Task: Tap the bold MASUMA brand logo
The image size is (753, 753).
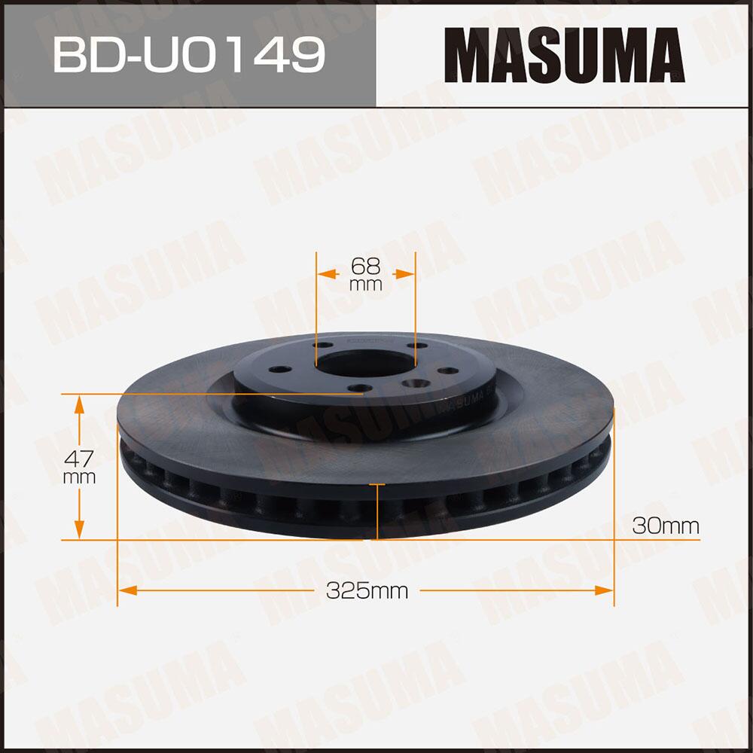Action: click(563, 55)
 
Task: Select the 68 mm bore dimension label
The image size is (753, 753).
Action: click(366, 273)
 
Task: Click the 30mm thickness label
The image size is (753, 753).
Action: click(666, 526)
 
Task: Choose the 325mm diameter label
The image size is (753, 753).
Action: click(367, 591)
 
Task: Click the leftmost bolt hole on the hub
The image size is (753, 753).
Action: click(281, 370)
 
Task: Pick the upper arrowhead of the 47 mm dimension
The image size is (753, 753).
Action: click(78, 405)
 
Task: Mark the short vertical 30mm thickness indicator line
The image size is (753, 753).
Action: click(376, 512)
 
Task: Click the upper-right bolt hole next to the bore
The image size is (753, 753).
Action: click(412, 346)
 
